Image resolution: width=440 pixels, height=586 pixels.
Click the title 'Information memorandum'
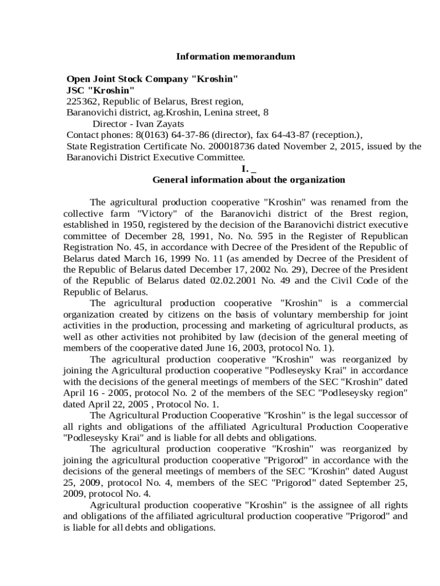tap(235, 57)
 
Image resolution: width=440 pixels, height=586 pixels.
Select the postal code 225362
tap(81, 101)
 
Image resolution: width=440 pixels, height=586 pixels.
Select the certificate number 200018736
tap(235, 146)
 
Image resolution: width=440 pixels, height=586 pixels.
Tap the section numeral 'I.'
tap(245, 169)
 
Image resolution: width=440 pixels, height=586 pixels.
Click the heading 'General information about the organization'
tap(249, 180)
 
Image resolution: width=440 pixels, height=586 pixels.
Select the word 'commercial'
tap(385, 303)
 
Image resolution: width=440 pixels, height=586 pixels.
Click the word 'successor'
tap(383, 415)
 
